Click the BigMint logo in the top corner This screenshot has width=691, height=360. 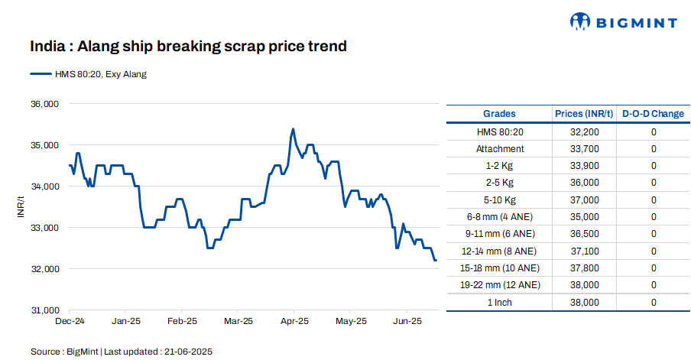pyautogui.click(x=623, y=22)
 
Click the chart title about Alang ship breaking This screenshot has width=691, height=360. pyautogui.click(x=189, y=47)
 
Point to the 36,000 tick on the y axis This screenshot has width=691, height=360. pyautogui.click(x=44, y=104)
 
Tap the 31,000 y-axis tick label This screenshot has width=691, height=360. pyautogui.click(x=44, y=311)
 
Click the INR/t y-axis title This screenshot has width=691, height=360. pyautogui.click(x=21, y=206)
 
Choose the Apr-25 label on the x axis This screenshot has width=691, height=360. pyautogui.click(x=294, y=322)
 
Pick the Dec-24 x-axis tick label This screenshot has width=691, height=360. pyautogui.click(x=70, y=322)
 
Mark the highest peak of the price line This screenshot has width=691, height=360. pyautogui.click(x=294, y=129)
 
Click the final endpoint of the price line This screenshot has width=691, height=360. pyautogui.click(x=436, y=261)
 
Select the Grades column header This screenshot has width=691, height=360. pyautogui.click(x=499, y=114)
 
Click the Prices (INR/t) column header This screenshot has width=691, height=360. pyautogui.click(x=584, y=114)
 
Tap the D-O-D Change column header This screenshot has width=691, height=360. pyautogui.click(x=653, y=114)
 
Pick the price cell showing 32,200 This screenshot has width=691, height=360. pyautogui.click(x=584, y=132)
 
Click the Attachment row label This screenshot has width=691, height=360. pyautogui.click(x=499, y=149)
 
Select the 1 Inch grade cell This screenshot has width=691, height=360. pyautogui.click(x=499, y=302)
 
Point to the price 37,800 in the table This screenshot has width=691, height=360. pyautogui.click(x=584, y=268)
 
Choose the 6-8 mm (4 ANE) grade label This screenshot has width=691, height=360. pyautogui.click(x=499, y=217)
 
